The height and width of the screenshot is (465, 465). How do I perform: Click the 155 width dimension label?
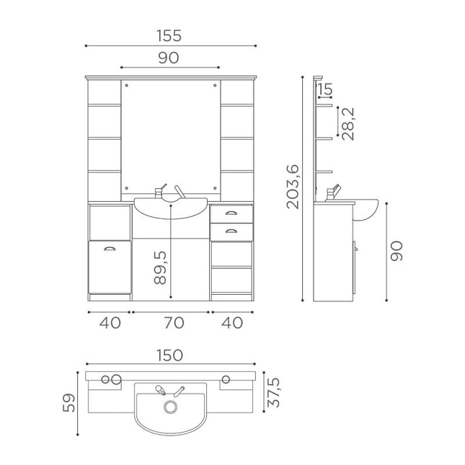pyautogui.click(x=169, y=35)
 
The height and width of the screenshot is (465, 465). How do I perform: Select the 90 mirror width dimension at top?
pyautogui.click(x=169, y=58)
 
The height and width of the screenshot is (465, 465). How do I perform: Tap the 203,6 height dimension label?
pyautogui.click(x=293, y=187)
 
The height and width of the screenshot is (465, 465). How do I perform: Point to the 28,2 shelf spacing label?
pyautogui.click(x=348, y=124)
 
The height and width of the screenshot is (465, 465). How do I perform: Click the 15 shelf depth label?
pyautogui.click(x=325, y=89)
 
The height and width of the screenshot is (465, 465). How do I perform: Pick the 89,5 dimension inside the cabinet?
pyautogui.click(x=160, y=267)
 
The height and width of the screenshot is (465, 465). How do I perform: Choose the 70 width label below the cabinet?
pyautogui.click(x=174, y=323)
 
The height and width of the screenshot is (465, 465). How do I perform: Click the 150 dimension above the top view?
pyautogui.click(x=169, y=355)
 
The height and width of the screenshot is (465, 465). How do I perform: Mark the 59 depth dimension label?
pyautogui.click(x=68, y=403)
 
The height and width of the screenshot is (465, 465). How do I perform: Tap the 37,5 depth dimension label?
pyautogui.click(x=273, y=392)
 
